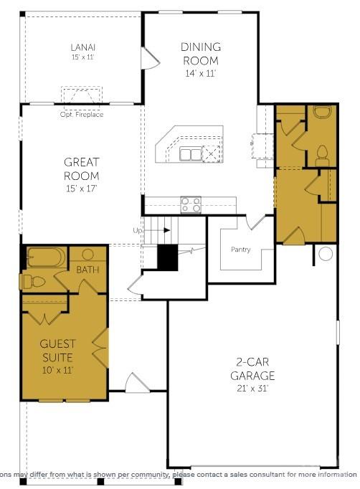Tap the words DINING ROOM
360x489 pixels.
click(x=200, y=54)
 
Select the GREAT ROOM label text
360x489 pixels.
click(x=81, y=168)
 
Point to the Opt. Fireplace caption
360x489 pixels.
click(x=82, y=115)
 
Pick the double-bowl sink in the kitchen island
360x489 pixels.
click(x=191, y=153)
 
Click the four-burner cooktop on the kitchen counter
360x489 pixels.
click(x=191, y=204)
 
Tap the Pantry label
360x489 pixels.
click(x=240, y=250)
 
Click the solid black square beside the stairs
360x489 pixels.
click(x=167, y=257)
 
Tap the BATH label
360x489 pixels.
click(x=87, y=270)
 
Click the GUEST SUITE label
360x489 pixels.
click(x=57, y=351)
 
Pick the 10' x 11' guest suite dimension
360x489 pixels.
click(x=57, y=370)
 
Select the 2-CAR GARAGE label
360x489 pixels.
click(x=252, y=369)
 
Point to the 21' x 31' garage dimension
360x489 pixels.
click(x=252, y=389)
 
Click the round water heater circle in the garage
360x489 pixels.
click(x=326, y=253)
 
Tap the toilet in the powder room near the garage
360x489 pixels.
click(x=322, y=152)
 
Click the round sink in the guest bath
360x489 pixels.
click(x=88, y=254)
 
